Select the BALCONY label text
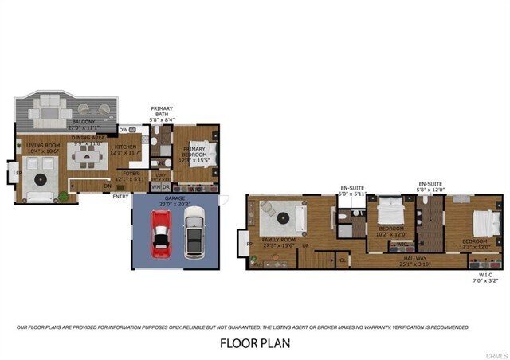(x=84, y=122)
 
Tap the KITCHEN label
(x=125, y=147)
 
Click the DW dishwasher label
(x=124, y=129)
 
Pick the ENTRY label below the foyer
(x=121, y=197)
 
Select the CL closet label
(x=342, y=259)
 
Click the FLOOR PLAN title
(x=255, y=344)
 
